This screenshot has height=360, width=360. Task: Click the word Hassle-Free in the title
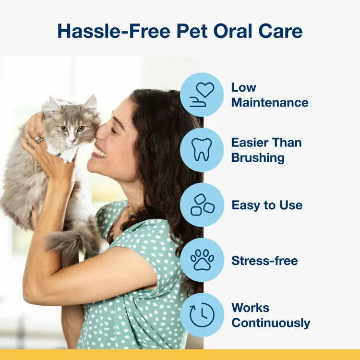coord(114,31)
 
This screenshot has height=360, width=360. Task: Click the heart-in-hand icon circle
coord(202,95)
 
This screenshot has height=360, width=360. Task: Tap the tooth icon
coord(202,150)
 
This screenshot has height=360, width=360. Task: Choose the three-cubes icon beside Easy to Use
coord(202,205)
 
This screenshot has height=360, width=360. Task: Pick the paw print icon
coord(202,260)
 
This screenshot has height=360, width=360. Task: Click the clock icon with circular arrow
coord(202,315)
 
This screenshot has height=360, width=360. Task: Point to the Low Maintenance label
coord(269,95)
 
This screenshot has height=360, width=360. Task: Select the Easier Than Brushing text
coord(266,150)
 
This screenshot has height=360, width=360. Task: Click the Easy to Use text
coord(266,205)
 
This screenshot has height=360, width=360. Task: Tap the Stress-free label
coord(264,261)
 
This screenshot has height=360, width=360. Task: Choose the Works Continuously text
coord(270,315)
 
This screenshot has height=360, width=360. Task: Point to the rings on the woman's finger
coord(38,140)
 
